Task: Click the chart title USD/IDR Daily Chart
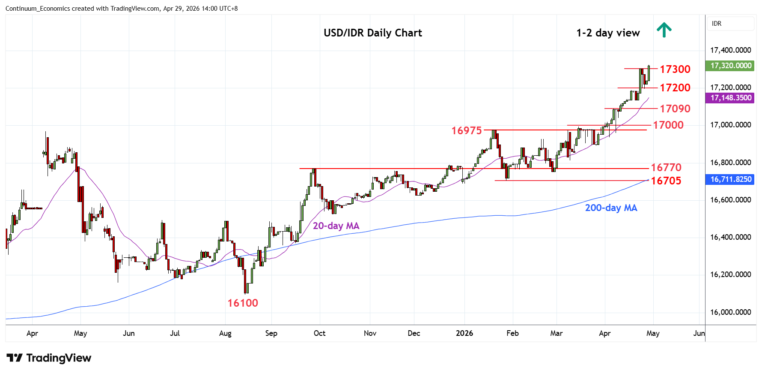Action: pos(372,33)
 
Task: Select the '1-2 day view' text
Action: pos(608,33)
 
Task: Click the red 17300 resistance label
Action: pos(675,69)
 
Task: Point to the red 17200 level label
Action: pos(675,87)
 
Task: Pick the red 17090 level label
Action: pos(675,109)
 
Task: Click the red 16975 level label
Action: pos(466,130)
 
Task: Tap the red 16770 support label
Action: pos(666,167)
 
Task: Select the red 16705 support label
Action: pos(666,181)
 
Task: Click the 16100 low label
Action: pos(242,303)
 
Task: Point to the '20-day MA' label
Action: pos(336,226)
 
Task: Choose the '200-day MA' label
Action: pos(611,208)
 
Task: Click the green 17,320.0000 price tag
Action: pos(730,66)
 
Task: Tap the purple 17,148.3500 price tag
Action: pos(730,98)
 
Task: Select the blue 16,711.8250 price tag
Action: pos(730,179)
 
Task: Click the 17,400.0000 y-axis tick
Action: pos(730,50)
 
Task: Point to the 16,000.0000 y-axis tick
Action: pos(730,312)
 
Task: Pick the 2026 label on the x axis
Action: pos(464,333)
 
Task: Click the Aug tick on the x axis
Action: pos(225,333)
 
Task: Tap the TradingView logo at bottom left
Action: pos(49,358)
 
